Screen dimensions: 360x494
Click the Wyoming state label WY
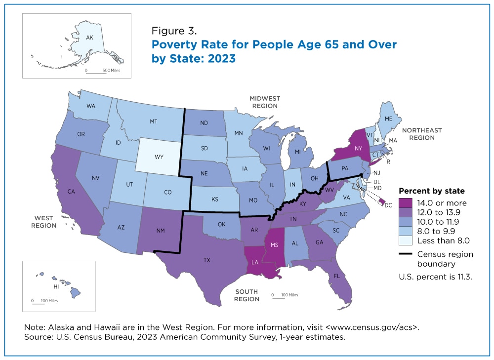(x=159, y=157)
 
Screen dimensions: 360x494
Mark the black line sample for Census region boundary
(x=407, y=254)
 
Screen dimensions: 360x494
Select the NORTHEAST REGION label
(x=421, y=134)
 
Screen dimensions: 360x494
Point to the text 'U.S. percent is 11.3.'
(x=436, y=277)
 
